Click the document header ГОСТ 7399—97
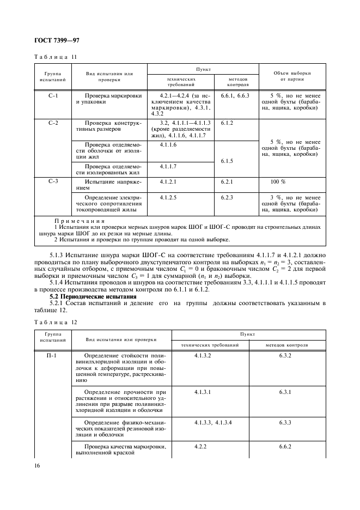[58, 40]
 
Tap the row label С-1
[53, 96]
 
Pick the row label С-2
[53, 123]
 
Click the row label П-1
[53, 355]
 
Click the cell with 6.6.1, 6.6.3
[235, 96]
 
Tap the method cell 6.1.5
[227, 161]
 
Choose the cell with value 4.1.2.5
[169, 197]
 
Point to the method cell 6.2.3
[227, 197]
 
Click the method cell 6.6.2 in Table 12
[286, 446]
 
